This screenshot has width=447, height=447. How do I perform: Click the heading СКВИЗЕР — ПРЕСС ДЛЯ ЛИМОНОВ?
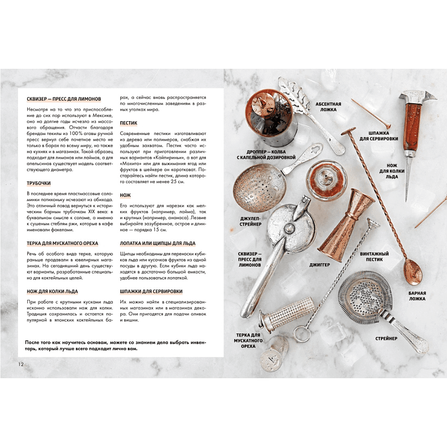tap(64, 99)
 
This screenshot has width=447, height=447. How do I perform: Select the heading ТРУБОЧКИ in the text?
tap(38, 183)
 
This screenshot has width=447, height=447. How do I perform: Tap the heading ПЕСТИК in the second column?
tap(129, 123)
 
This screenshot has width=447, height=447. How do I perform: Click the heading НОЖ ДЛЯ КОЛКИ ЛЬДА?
tap(52, 291)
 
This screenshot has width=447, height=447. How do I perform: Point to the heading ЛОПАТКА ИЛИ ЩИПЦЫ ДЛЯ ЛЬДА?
tap(158, 243)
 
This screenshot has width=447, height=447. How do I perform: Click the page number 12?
tap(21, 364)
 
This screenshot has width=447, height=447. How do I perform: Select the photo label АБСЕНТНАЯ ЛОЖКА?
tap(328, 107)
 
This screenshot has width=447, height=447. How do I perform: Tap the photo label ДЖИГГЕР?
tap(320, 265)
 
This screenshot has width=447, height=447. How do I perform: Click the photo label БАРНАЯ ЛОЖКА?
tap(417, 296)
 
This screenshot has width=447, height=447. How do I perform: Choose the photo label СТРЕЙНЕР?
tap(386, 338)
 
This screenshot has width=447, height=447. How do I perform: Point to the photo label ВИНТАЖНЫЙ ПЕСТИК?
tap(374, 257)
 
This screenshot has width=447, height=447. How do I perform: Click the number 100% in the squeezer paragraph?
tap(76, 133)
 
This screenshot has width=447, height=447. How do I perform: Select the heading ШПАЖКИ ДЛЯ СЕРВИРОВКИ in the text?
tap(151, 291)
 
